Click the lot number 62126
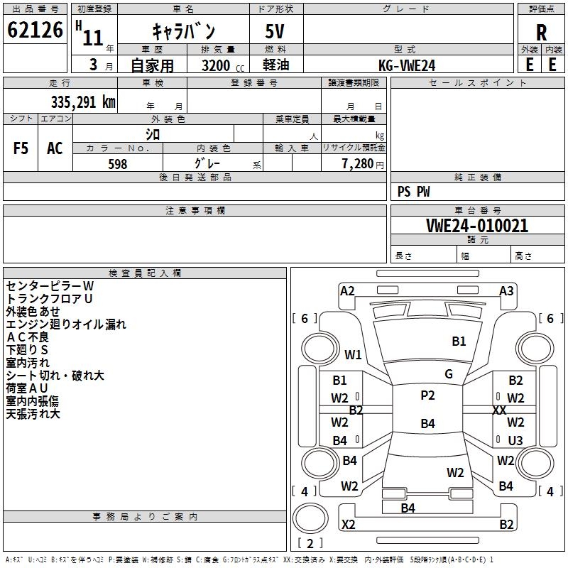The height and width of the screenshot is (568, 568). coord(35,30)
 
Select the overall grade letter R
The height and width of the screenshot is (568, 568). coord(541,33)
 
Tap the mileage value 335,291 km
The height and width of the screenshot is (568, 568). coord(83,102)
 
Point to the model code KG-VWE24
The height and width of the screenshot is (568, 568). coord(407,65)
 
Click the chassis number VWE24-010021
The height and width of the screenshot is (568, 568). coord(477,226)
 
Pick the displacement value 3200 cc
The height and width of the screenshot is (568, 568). coord(223,65)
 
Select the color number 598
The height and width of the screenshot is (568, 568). coord(118,164)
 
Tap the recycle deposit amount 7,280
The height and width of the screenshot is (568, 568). coord(358,164)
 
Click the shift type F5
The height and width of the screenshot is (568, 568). coord(21,148)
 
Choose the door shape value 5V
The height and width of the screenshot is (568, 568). coord(275,31)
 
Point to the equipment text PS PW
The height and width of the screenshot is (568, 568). coord(413,192)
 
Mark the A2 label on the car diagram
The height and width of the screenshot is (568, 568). coord(347,291)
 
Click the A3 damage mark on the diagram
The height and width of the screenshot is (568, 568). coord(506,291)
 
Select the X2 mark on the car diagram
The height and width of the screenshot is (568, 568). coord(349,524)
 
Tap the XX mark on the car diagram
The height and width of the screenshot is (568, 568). coord(499,410)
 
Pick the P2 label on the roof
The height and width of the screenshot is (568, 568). coord(427,395)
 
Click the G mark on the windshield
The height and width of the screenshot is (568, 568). coord(449,374)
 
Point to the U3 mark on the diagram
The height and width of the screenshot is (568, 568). coord(515,440)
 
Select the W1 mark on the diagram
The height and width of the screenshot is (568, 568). coord(353,354)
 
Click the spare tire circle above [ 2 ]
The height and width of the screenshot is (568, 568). coord(310,518)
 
